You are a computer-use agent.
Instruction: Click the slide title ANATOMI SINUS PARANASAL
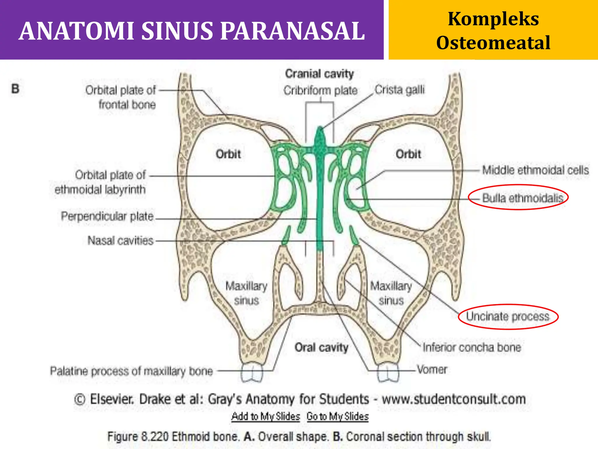[x=192, y=31]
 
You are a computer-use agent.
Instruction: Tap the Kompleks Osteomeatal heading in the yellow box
[x=493, y=31]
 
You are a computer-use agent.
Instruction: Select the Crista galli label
[x=399, y=90]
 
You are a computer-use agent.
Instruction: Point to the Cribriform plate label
[x=320, y=90]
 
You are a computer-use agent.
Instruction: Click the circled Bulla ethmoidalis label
[x=522, y=198]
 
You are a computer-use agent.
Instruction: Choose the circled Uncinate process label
[x=507, y=316]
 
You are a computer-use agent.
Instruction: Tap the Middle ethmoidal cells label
[x=535, y=170]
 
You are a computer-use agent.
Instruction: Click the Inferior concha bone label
[x=472, y=347]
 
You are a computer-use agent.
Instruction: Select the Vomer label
[x=432, y=369]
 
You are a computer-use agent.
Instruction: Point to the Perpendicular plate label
[x=107, y=216]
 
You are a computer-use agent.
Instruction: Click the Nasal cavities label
[x=120, y=241]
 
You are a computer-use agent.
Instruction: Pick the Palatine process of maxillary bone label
[x=131, y=371]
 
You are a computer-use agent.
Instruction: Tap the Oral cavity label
[x=321, y=347]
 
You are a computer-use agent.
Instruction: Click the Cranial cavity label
[x=319, y=74]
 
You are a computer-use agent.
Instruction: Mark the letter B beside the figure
[x=15, y=89]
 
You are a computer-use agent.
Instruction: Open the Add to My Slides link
[x=266, y=416]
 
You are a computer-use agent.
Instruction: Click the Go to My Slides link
[x=338, y=416]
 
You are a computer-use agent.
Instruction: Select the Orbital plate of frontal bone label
[x=121, y=97]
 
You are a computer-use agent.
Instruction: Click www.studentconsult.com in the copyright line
[x=454, y=399]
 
